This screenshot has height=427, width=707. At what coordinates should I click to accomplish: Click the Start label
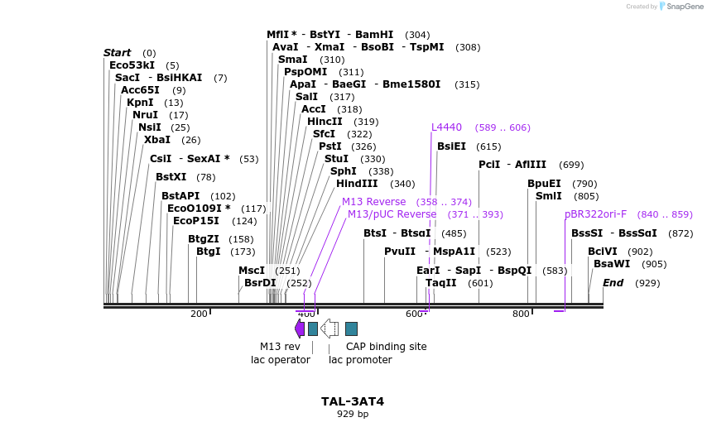[117, 53]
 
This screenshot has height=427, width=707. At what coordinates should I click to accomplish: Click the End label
[613, 283]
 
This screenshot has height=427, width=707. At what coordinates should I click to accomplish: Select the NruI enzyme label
[146, 115]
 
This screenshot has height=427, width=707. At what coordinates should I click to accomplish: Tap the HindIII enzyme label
[357, 184]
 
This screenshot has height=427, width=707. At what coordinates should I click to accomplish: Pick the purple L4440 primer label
[446, 127]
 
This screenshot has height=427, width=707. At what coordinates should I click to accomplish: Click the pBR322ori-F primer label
[595, 214]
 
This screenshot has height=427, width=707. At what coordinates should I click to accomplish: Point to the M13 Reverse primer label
[373, 202]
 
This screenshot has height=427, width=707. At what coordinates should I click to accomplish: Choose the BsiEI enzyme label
[451, 146]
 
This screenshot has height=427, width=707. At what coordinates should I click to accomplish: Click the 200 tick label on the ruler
[199, 314]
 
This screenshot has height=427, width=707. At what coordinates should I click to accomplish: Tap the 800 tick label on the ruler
[521, 314]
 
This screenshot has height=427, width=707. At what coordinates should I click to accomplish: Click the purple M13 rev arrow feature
[300, 329]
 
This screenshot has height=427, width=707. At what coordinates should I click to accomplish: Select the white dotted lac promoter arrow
[329, 329]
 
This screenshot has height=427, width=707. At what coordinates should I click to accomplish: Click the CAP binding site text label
[386, 347]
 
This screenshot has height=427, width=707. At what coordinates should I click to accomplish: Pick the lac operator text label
[281, 360]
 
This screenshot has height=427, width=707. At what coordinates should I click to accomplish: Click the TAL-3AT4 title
[353, 401]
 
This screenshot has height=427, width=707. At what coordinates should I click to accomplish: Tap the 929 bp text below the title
[353, 414]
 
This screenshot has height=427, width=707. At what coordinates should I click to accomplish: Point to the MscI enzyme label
[252, 271]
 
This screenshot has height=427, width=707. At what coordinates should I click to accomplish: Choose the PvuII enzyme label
[400, 252]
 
